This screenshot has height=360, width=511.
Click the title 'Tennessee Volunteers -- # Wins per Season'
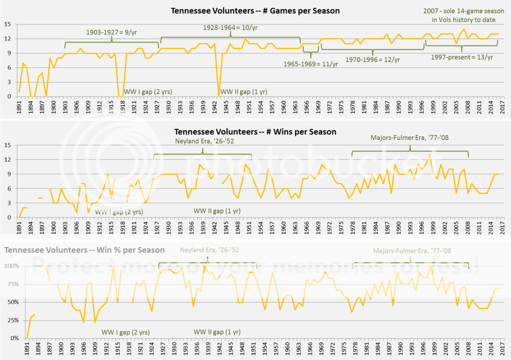[255, 132]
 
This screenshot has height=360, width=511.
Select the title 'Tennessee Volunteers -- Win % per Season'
[85, 250]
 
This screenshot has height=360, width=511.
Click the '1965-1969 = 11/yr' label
[311, 64]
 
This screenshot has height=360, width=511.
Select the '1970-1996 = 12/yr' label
[372, 59]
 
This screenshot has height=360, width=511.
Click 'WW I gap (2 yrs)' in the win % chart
[126, 332]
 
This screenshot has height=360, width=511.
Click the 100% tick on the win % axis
[11, 266]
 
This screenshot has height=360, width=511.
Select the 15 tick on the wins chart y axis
[7, 145]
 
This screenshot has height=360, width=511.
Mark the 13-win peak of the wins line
[429, 155]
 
